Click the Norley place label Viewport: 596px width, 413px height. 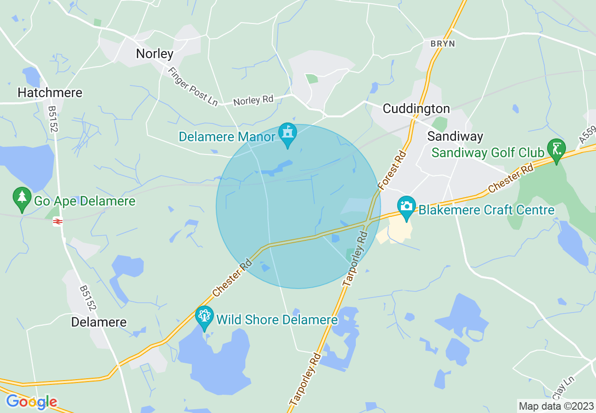tap(155, 54)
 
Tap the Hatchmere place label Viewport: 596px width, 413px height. tap(50, 92)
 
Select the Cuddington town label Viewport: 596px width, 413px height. tap(416, 109)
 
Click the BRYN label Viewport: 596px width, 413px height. tap(443, 44)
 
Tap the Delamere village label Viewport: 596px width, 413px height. tap(99, 322)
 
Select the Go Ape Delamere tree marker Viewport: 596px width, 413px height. tap(22, 198)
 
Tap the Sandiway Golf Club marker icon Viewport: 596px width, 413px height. tap(557, 149)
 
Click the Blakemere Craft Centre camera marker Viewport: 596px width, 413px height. tap(406, 206)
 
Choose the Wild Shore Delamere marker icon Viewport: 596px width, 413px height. tap(204, 316)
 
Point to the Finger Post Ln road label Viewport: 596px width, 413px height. tap(193, 86)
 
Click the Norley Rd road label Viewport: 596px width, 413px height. tap(253, 100)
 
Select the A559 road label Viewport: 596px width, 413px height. tap(587, 134)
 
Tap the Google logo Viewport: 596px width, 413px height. tap(31, 402)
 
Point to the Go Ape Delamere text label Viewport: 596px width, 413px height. tap(85, 202)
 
